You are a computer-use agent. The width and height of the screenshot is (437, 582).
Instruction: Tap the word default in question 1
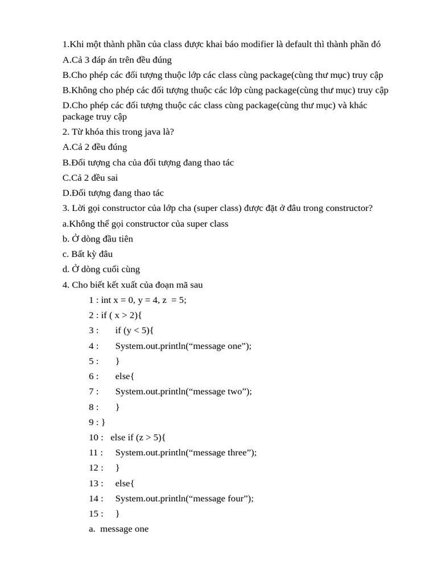pos(299,44)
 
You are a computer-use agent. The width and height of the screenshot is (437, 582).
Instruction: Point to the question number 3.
pos(65,208)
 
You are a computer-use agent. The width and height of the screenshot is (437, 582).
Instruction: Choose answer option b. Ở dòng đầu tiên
pos(97,239)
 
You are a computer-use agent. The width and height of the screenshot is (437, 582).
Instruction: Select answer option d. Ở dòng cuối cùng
pos(101,269)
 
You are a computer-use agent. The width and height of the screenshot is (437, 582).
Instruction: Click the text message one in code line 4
pos(219,346)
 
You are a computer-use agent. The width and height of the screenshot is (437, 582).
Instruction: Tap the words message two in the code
pos(219,392)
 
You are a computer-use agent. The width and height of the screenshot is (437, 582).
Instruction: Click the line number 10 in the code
pos(94,437)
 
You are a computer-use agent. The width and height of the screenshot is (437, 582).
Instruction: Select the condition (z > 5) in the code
pos(148,437)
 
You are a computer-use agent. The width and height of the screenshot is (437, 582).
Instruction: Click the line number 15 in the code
pos(94,514)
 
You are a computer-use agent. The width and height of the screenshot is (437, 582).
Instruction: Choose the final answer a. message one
pos(118,529)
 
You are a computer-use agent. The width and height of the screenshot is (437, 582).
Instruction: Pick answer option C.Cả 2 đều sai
pos(90,178)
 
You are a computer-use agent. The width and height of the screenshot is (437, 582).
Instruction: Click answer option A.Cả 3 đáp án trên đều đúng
pos(117,60)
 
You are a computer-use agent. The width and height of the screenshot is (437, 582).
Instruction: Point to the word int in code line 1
pos(106,300)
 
